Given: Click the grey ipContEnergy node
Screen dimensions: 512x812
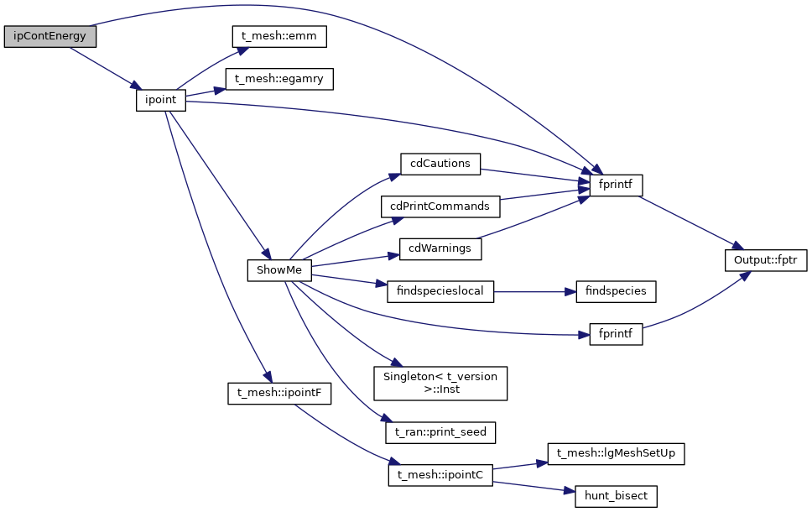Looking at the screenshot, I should pos(50,37).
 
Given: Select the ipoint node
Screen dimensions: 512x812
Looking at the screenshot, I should pos(160,100).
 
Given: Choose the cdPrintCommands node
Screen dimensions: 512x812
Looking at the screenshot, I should pos(440,206).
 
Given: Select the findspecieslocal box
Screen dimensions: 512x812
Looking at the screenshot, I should pos(440,291).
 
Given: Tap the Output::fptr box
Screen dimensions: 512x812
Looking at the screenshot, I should pos(766,260).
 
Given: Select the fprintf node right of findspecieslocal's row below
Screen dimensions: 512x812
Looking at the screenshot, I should pos(615,333).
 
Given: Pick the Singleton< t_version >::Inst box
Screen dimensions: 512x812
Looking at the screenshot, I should pos(440,383).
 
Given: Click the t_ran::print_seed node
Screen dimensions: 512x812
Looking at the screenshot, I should pos(440,432).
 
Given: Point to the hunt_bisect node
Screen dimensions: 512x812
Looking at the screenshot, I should pos(615,496).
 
